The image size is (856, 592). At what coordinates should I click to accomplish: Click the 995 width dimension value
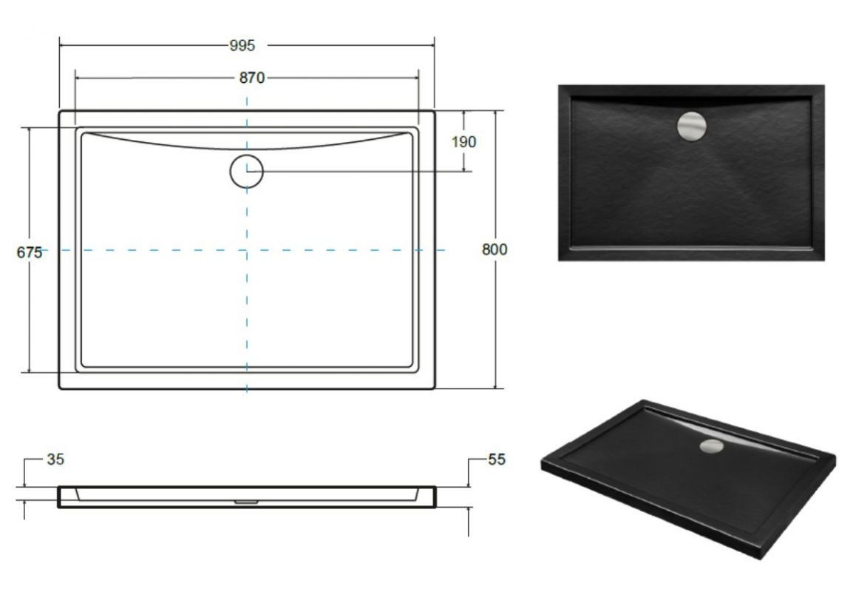coord(242,45)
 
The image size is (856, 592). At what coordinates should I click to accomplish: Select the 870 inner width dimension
coord(251,78)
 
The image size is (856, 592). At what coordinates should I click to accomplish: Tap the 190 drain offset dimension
coord(463,142)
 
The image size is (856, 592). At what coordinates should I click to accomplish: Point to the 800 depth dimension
coord(495,249)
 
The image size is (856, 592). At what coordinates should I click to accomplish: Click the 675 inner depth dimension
coord(30,252)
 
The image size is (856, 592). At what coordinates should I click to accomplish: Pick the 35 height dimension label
coord(55,459)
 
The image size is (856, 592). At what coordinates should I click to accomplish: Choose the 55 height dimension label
coord(497,459)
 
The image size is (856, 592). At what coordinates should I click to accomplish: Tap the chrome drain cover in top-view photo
coord(692,127)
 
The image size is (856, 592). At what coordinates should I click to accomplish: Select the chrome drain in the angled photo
coord(712,446)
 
